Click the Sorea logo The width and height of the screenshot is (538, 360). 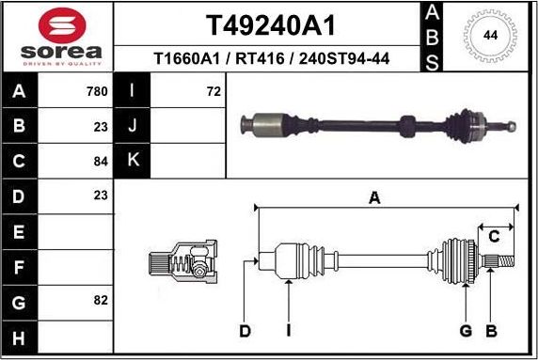click(x=56, y=38)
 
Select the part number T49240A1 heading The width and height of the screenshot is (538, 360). click(x=270, y=24)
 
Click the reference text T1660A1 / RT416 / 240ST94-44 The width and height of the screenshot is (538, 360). click(x=272, y=59)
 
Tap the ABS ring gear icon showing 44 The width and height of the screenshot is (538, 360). click(x=490, y=36)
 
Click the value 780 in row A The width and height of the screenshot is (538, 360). click(x=97, y=92)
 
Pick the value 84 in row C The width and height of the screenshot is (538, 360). click(x=101, y=162)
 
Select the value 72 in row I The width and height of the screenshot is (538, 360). click(x=213, y=92)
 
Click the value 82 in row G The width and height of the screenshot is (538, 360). click(x=101, y=301)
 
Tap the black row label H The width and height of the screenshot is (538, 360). click(x=20, y=337)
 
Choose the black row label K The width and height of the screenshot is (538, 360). click(x=132, y=161)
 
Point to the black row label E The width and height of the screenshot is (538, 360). click(x=20, y=231)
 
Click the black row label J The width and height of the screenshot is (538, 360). click(x=132, y=126)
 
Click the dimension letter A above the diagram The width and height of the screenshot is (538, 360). click(x=374, y=198)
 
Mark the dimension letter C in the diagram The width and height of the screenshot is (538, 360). click(x=493, y=236)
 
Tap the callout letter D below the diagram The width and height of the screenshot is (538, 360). click(x=245, y=331)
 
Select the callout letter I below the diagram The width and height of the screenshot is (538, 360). click(x=289, y=331)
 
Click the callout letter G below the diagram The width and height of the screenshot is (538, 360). click(x=465, y=331)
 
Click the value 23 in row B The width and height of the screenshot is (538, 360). click(x=101, y=127)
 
